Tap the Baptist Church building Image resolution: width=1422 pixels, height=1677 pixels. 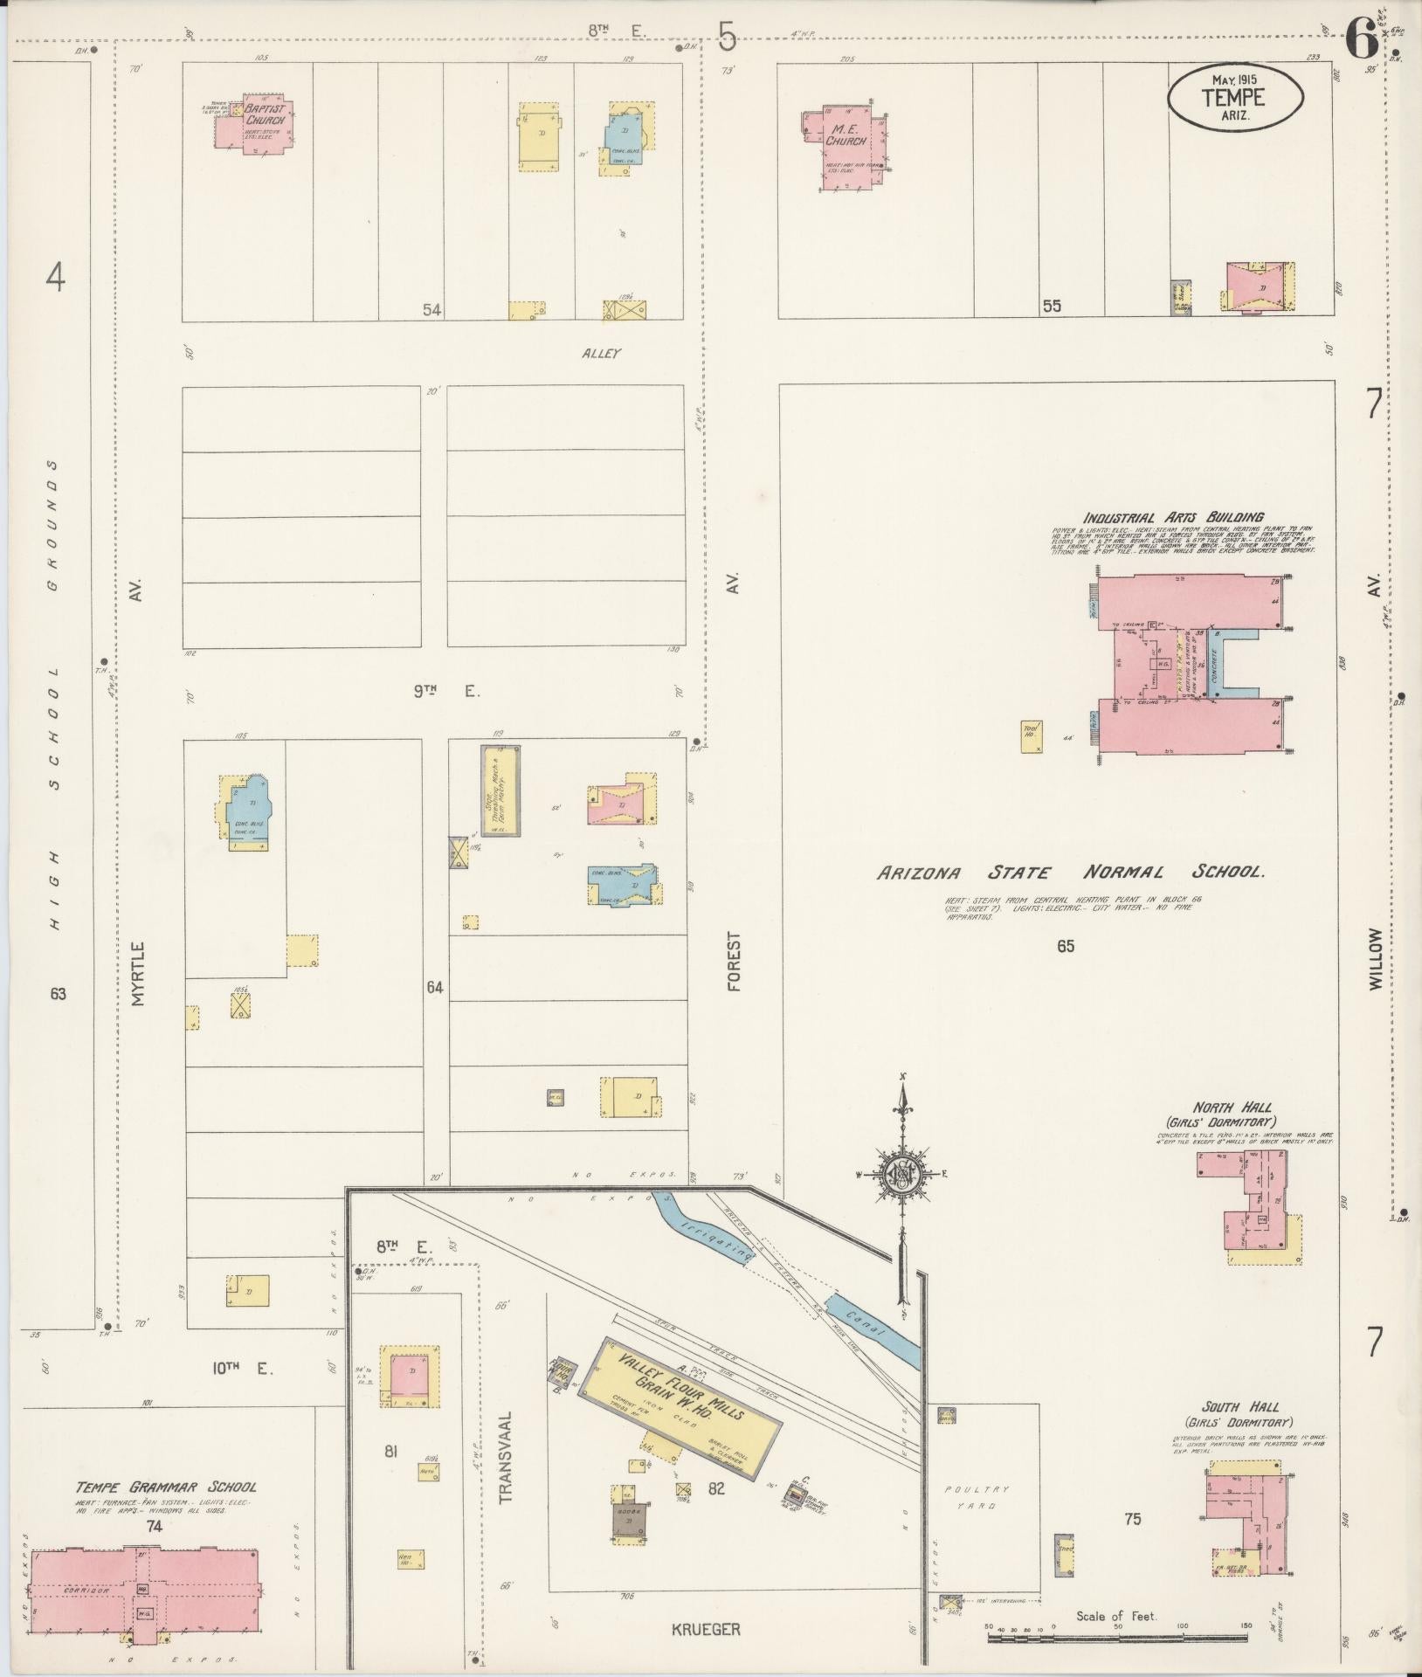tap(255, 127)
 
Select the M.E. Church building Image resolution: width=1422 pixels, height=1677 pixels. tap(845, 144)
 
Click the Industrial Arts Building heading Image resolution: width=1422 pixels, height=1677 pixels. tap(1173, 517)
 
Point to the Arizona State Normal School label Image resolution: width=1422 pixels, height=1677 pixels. tap(1071, 873)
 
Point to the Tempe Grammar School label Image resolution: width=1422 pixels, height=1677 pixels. tap(166, 1487)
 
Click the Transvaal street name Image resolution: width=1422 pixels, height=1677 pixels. tap(507, 1458)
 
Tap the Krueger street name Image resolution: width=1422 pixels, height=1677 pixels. tap(706, 1629)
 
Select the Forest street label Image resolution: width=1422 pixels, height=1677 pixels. tap(733, 961)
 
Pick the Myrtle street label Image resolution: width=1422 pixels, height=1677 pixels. tap(137, 974)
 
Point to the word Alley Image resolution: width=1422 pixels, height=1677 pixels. tap(600, 354)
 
